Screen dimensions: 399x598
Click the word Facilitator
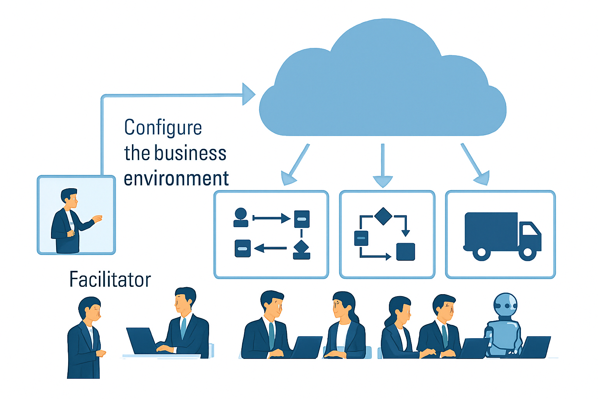(x=110, y=279)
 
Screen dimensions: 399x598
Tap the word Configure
(x=163, y=127)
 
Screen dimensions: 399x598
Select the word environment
(x=176, y=178)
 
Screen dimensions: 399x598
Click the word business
(x=190, y=153)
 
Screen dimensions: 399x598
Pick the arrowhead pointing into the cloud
(x=248, y=94)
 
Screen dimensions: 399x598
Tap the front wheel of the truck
(x=528, y=252)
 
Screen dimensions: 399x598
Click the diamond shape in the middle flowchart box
(x=383, y=216)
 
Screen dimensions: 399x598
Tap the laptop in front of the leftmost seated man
(x=141, y=341)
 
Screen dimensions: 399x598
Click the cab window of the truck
(x=528, y=230)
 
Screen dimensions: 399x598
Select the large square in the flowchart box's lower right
(x=405, y=251)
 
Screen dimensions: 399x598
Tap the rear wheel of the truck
(x=482, y=252)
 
